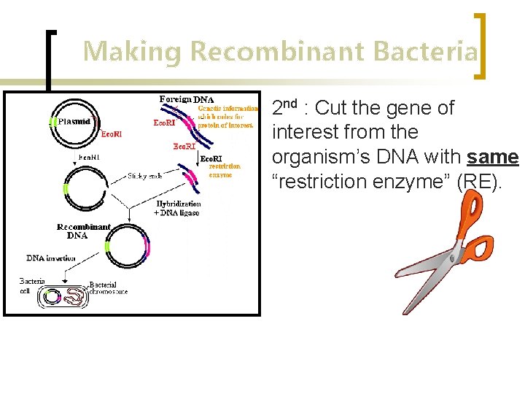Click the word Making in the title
tap(132, 52)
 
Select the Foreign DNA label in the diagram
tap(186, 99)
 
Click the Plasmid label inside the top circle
tap(74, 122)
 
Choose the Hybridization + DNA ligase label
tap(177, 207)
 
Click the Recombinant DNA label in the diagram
tap(83, 231)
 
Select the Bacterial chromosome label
tap(108, 287)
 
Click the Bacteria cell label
tap(32, 285)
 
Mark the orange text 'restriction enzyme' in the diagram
tap(225, 170)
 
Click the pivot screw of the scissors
tap(456, 258)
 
